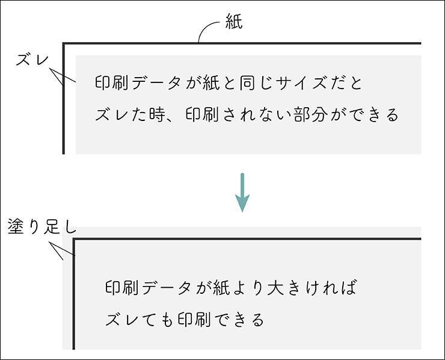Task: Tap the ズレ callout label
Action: click(31, 60)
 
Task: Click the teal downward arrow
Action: click(242, 193)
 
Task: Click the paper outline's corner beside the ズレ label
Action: click(64, 44)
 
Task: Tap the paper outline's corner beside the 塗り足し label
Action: click(74, 240)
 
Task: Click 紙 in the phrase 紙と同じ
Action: click(212, 82)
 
